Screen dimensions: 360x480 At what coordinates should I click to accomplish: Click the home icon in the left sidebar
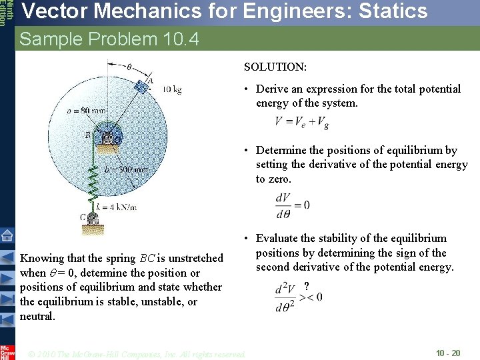pos(7,235)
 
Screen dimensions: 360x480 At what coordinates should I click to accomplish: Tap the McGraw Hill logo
pos(7,351)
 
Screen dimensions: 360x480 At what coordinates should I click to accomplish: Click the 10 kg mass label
pos(171,89)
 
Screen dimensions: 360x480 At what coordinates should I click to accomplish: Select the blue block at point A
pos(141,86)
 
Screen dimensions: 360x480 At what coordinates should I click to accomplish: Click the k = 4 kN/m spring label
pos(116,207)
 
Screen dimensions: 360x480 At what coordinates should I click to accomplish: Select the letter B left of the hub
pos(87,135)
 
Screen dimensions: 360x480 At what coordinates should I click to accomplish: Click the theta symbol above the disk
pos(129,66)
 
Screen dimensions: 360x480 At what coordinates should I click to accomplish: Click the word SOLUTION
pos(275,67)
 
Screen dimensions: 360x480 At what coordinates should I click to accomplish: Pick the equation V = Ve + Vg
pos(301,122)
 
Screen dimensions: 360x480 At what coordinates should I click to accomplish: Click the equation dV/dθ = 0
pos(293,205)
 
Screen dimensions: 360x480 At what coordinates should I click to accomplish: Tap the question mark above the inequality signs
pos(306,286)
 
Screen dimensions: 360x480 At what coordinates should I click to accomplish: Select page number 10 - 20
pos(448,353)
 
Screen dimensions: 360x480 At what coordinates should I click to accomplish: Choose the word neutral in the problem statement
pos(37,316)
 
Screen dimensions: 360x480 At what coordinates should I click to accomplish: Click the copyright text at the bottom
pos(137,353)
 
